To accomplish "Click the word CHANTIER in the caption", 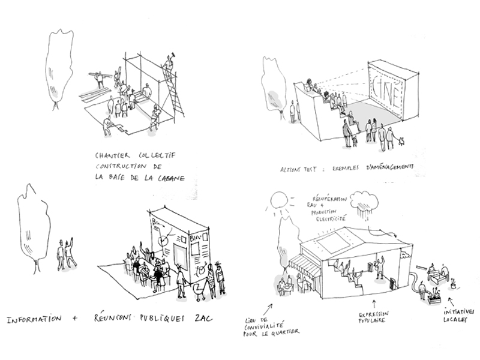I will coord(113,154).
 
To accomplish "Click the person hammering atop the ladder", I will coord(169,63).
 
